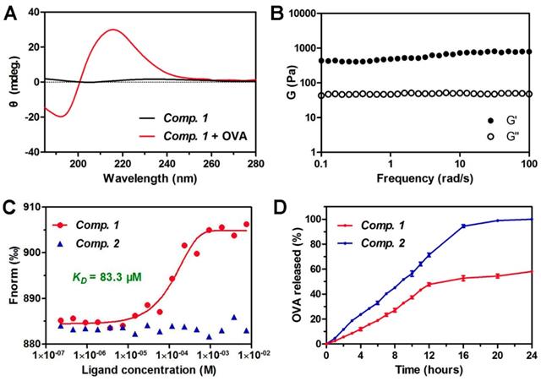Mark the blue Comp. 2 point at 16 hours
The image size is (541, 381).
pos(463,226)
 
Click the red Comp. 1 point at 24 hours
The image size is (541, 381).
pos(532,271)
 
